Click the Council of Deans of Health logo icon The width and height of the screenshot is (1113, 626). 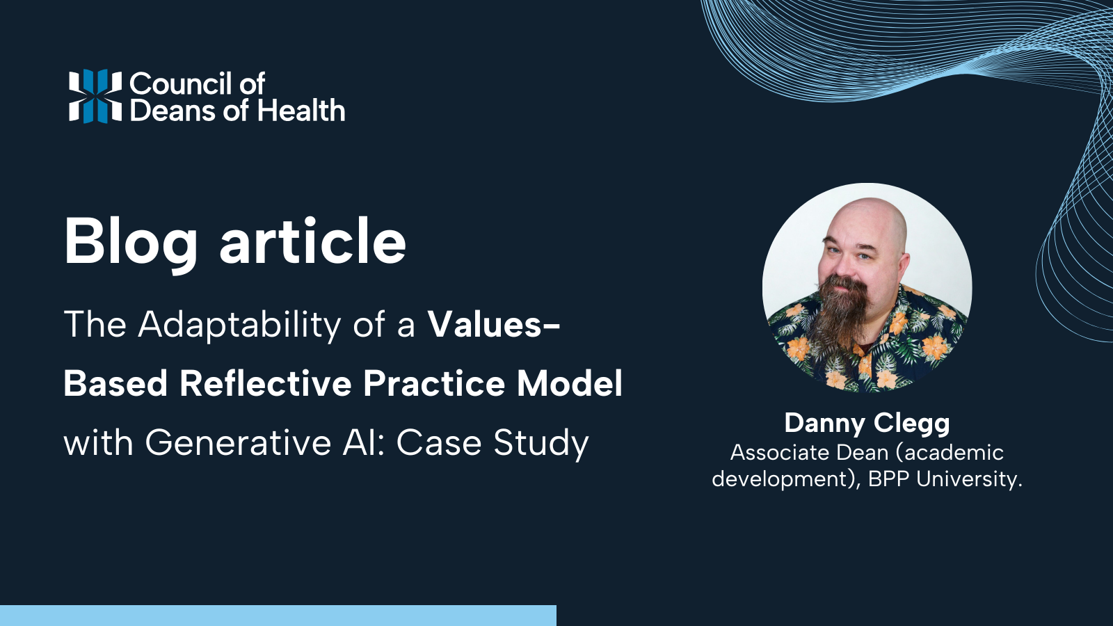(x=95, y=96)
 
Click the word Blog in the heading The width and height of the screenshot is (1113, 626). (x=131, y=241)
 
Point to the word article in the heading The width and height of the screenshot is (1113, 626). (x=312, y=241)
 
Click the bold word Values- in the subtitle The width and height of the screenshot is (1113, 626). (x=493, y=325)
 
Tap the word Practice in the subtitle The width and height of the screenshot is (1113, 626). (x=433, y=383)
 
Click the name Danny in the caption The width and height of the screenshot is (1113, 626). (x=824, y=423)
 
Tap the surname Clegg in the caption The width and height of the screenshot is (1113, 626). (x=912, y=423)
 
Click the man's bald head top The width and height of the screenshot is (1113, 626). (x=873, y=212)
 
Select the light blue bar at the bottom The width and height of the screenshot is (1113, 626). (x=278, y=616)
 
